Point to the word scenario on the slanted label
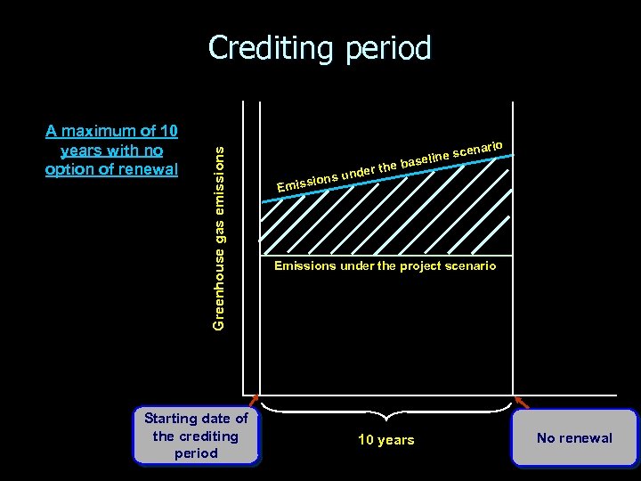click(x=480, y=149)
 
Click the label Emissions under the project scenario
click(x=385, y=265)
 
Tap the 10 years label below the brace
click(x=385, y=440)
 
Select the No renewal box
click(x=574, y=437)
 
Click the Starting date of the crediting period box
click(x=196, y=436)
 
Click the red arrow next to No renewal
click(x=522, y=403)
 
